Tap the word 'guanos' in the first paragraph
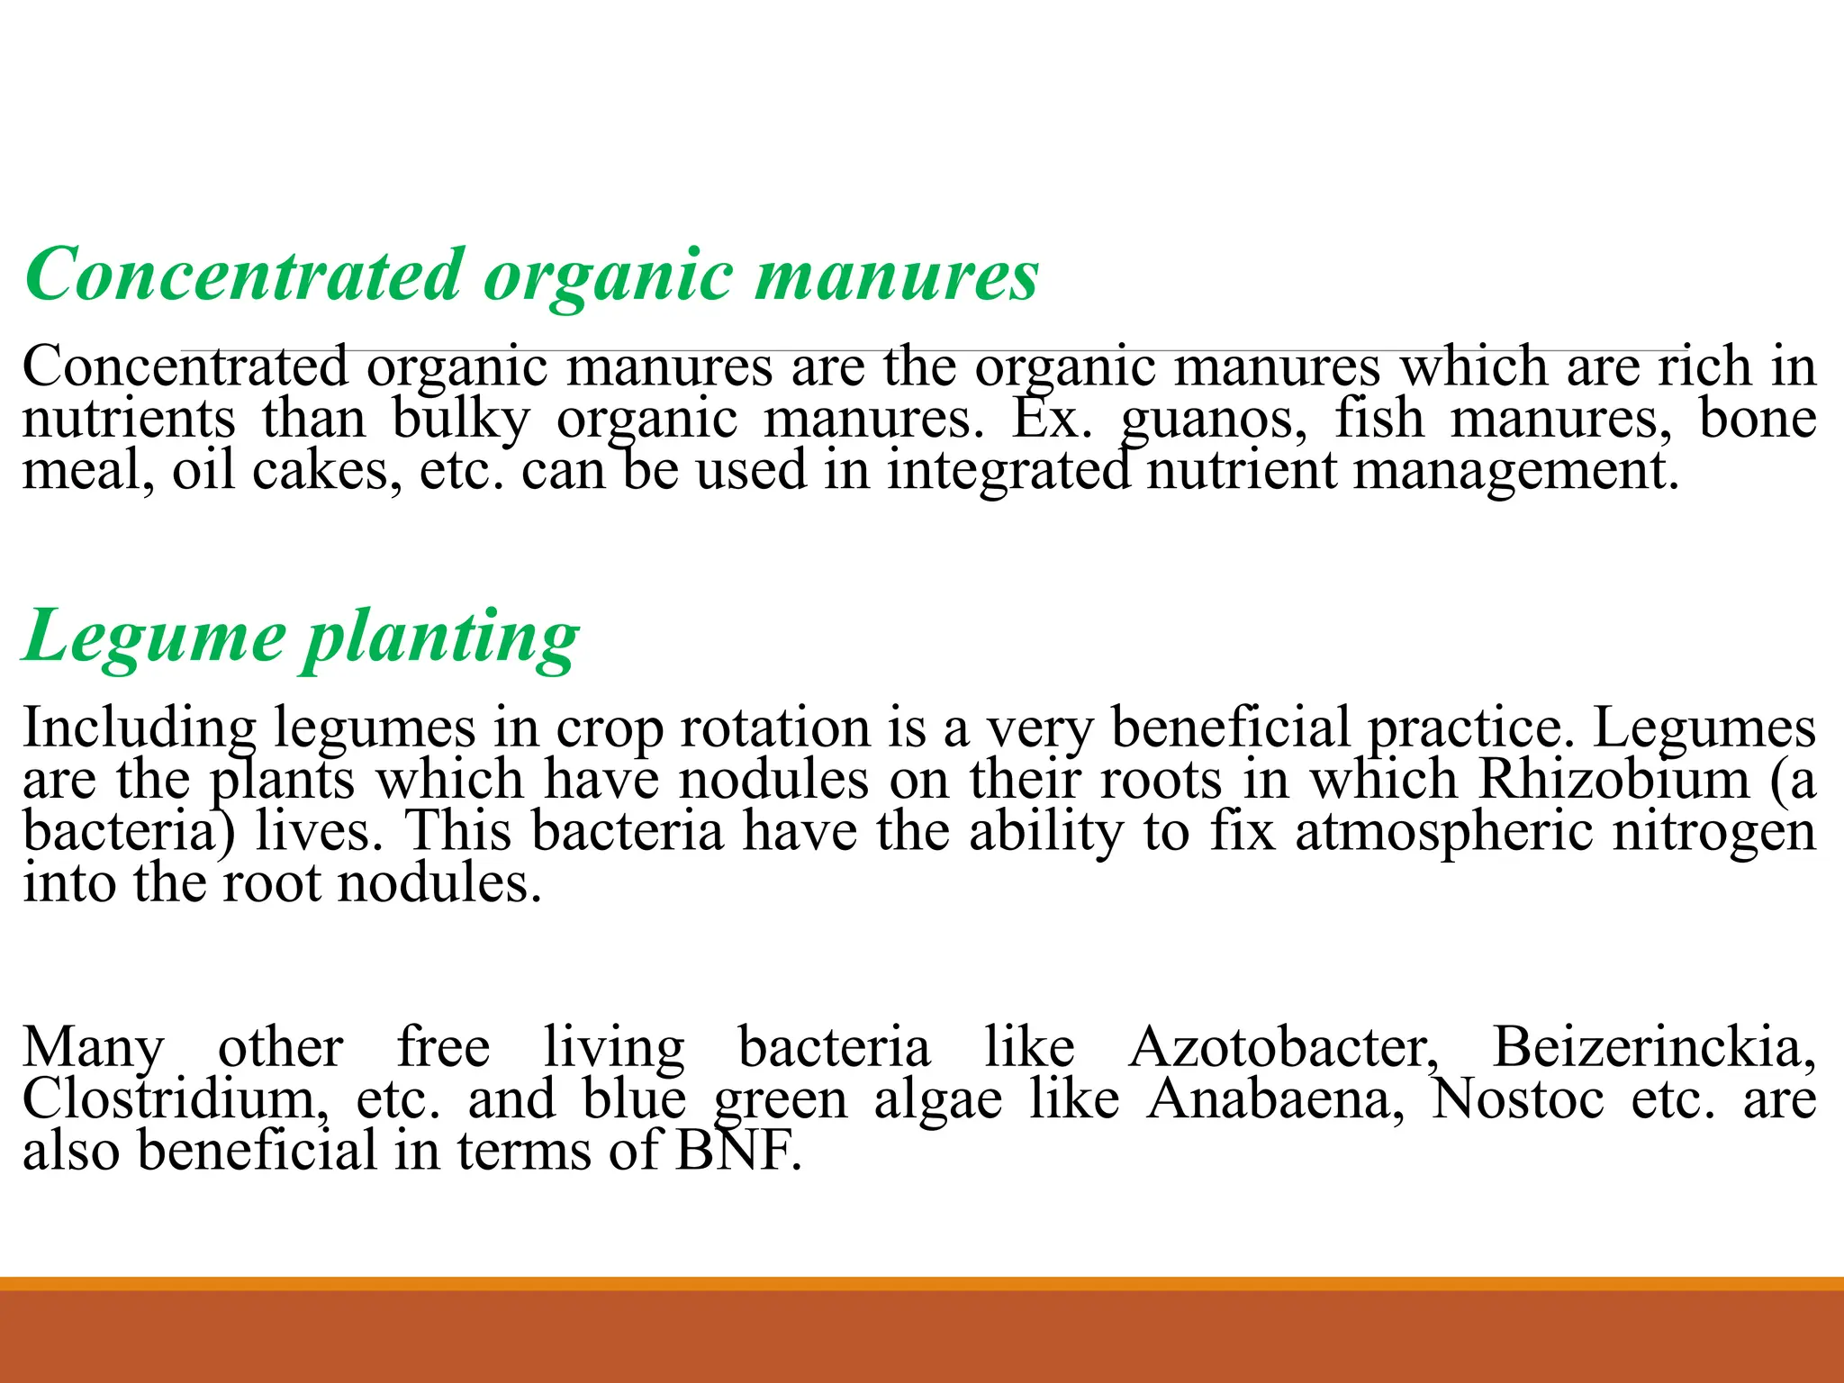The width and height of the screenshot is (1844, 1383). click(1213, 420)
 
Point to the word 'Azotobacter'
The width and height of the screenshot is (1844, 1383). click(1283, 1048)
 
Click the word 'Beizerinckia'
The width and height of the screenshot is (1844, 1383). click(1653, 1048)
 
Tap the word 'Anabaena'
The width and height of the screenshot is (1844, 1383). click(1275, 1100)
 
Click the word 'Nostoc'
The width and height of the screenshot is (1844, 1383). click(1518, 1100)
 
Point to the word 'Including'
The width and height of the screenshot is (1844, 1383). click(139, 728)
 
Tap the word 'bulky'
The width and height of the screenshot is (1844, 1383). click(461, 420)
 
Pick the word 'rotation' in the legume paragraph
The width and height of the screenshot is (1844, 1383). click(774, 728)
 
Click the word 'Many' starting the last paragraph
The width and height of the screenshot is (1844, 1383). click(94, 1048)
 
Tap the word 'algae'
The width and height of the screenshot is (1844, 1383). click(938, 1100)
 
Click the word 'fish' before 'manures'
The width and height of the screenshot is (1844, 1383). click(1378, 420)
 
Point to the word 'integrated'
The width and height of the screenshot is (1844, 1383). click(1008, 471)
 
